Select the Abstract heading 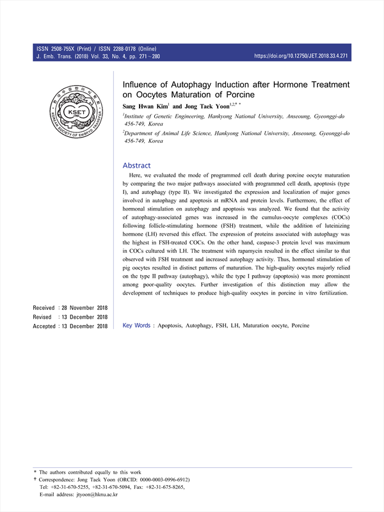pyautogui.click(x=136, y=165)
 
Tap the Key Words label pyautogui.click(x=136, y=326)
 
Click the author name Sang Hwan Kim pyautogui.click(x=146, y=106)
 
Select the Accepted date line pyautogui.click(x=70, y=326)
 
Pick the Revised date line pyautogui.click(x=70, y=317)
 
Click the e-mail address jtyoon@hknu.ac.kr pyautogui.click(x=95, y=495)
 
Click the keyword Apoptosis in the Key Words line pyautogui.click(x=168, y=326)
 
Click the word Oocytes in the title pyautogui.click(x=155, y=95)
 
